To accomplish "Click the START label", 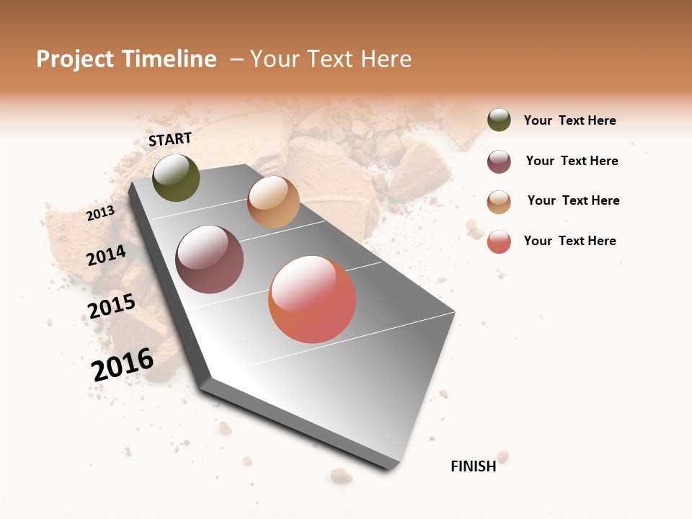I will [170, 139].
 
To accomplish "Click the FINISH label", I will [474, 466].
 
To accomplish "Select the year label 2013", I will [100, 213].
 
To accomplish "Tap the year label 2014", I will [106, 255].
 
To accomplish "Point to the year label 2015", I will [112, 306].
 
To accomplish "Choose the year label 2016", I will [123, 364].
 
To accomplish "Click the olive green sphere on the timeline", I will [176, 178].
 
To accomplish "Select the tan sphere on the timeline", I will [273, 202].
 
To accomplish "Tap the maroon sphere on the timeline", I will [210, 259].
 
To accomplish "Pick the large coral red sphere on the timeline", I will [312, 299].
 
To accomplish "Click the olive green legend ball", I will [499, 120].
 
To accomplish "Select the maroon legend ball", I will [499, 161].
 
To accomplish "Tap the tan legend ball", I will [499, 202].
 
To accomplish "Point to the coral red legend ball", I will [499, 241].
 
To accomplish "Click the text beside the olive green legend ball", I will [569, 120].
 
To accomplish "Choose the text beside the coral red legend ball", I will [569, 241].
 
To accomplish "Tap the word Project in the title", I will [74, 59].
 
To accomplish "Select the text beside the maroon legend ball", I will [572, 161].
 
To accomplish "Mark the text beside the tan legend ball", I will [573, 200].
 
